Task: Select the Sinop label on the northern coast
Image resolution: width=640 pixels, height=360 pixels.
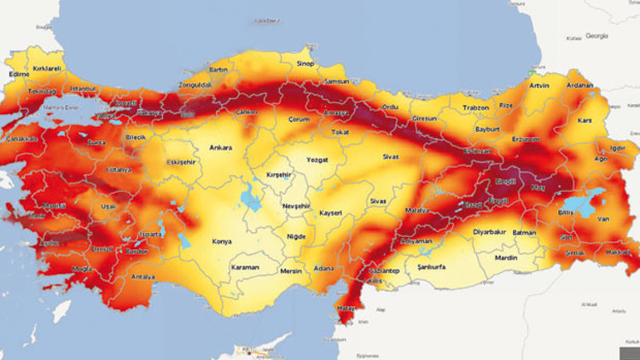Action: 305,63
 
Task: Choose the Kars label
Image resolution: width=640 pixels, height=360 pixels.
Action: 585,120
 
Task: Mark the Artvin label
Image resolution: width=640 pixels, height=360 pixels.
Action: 539,85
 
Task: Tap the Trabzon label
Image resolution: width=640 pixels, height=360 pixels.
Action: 475,107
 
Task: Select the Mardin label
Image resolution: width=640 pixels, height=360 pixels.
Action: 506,257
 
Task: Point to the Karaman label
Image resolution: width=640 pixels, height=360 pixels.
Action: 244,267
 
